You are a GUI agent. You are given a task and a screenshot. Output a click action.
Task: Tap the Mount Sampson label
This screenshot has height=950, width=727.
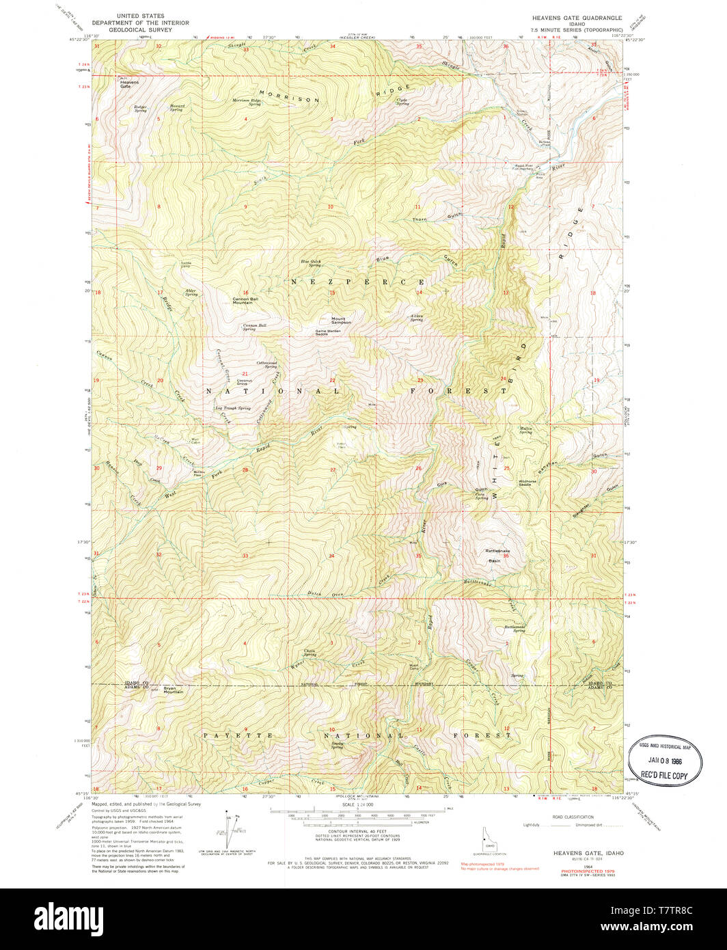[x=341, y=320]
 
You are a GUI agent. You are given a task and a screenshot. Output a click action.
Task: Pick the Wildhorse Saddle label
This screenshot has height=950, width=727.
[x=527, y=483]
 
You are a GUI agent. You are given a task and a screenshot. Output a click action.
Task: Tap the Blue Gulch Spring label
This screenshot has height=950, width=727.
[x=311, y=263]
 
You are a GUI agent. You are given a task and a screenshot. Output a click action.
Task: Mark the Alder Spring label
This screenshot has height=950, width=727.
[x=191, y=293]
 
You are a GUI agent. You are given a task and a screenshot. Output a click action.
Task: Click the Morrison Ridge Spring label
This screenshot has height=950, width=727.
[x=247, y=102]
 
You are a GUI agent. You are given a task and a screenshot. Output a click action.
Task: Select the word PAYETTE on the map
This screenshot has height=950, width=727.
[x=229, y=735]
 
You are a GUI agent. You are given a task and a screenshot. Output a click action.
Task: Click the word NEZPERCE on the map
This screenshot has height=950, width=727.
[x=359, y=282]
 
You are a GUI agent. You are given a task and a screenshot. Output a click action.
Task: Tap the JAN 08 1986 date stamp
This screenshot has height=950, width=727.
[x=664, y=759]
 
